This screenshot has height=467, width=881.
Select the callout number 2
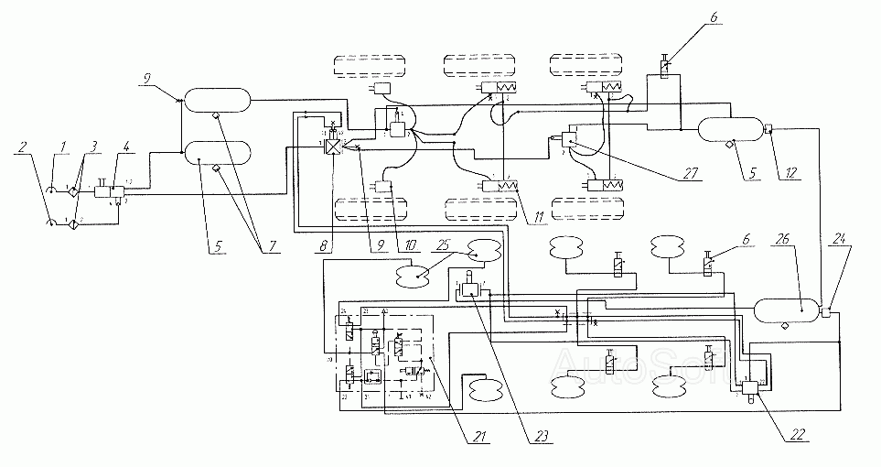click(x=23, y=147)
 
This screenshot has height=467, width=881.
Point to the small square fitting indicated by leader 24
click(x=827, y=312)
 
